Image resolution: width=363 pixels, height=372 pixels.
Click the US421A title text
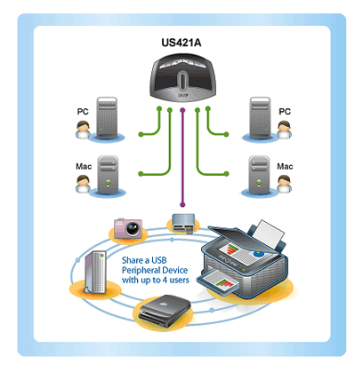tap(181, 43)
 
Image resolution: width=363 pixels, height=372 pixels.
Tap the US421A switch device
tap(182, 77)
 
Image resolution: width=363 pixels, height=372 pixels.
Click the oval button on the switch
tap(182, 81)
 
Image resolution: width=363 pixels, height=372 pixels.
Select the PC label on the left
tap(83, 112)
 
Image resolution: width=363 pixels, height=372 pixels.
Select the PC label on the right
tap(285, 112)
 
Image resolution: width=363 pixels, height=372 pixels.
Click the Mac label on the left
tap(84, 166)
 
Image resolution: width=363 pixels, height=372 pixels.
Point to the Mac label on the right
tap(285, 166)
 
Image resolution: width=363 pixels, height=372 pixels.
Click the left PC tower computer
tap(107, 117)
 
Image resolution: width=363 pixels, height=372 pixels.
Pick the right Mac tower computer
tap(259, 175)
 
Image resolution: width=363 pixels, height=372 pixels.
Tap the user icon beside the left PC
tap(83, 130)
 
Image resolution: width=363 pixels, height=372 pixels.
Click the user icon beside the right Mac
tap(284, 184)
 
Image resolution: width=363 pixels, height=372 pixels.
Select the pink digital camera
tap(128, 228)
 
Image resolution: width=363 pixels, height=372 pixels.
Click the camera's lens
tap(133, 228)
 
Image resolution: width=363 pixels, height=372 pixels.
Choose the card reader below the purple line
tap(183, 224)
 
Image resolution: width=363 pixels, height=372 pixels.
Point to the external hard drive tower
tap(95, 273)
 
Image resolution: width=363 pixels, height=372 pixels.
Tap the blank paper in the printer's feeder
tap(269, 234)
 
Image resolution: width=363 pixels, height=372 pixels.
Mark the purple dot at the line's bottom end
tap(182, 204)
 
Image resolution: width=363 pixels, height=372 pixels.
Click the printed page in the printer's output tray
tap(222, 281)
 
